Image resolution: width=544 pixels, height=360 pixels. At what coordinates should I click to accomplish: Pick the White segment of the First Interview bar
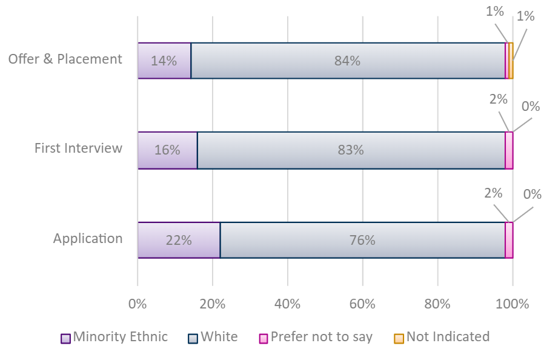pyautogui.click(x=351, y=150)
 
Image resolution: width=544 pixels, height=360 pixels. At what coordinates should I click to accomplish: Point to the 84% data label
pyautogui.click(x=348, y=61)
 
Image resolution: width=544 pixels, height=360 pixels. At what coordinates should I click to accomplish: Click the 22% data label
pyautogui.click(x=179, y=240)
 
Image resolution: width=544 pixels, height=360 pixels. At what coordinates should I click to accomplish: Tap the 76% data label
pyautogui.click(x=362, y=240)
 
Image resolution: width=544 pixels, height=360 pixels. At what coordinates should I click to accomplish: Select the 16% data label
pyautogui.click(x=167, y=150)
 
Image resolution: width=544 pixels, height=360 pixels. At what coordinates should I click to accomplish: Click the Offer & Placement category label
pyautogui.click(x=65, y=59)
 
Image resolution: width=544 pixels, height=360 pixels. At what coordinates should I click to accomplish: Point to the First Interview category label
pyautogui.click(x=78, y=148)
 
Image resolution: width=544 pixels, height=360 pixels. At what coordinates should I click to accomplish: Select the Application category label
pyautogui.click(x=88, y=239)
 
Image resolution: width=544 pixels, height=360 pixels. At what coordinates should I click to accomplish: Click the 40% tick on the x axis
pyautogui.click(x=287, y=304)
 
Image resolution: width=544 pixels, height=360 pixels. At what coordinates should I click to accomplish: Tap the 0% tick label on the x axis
pyautogui.click(x=138, y=304)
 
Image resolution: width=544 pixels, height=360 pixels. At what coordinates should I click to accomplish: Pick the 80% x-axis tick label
pyautogui.click(x=437, y=304)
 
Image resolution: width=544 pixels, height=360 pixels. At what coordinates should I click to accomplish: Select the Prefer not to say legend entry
pyautogui.click(x=316, y=338)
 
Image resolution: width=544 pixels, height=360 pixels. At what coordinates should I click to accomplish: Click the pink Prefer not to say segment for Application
pyautogui.click(x=509, y=240)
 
